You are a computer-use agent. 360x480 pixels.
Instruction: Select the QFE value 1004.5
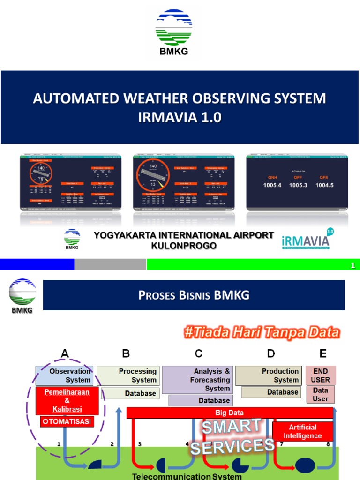324,185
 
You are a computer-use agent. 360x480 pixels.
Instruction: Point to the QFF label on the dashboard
298,178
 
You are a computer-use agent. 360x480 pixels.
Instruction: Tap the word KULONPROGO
184,246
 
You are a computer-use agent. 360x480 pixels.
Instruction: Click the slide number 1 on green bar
353,266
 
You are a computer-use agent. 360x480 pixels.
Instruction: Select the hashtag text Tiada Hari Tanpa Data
261,332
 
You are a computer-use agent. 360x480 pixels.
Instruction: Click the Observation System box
65,375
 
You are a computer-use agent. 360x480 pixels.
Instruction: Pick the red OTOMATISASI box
67,421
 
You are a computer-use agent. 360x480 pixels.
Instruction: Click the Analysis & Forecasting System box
197,380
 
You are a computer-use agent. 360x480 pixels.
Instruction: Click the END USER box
320,375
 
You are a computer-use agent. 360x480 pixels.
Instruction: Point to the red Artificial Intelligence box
302,431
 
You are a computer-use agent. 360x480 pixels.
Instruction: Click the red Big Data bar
230,412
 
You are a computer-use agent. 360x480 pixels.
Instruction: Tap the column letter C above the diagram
198,353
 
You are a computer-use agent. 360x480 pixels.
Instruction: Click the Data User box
320,394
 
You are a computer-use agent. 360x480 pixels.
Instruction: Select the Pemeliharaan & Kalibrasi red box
67,400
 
